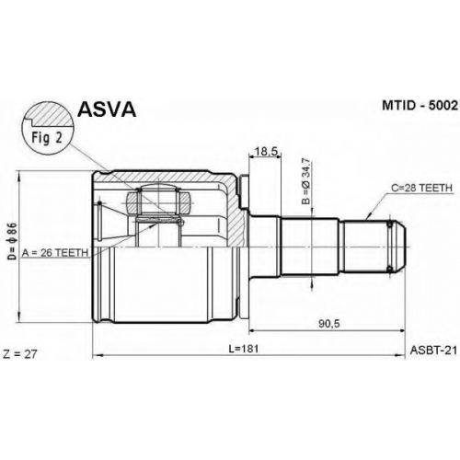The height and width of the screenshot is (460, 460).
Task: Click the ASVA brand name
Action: point(107,109)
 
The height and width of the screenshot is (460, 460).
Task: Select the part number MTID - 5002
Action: point(420,106)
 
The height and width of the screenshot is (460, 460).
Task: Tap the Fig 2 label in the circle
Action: point(47,138)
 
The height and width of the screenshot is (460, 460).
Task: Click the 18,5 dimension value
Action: point(266,151)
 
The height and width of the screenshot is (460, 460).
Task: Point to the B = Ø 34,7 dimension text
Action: point(305,181)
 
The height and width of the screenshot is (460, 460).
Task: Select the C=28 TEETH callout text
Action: point(421,188)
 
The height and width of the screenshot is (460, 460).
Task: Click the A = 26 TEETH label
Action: point(55,253)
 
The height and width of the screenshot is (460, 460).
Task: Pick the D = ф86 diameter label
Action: point(12,241)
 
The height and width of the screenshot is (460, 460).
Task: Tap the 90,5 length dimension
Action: point(329,324)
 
